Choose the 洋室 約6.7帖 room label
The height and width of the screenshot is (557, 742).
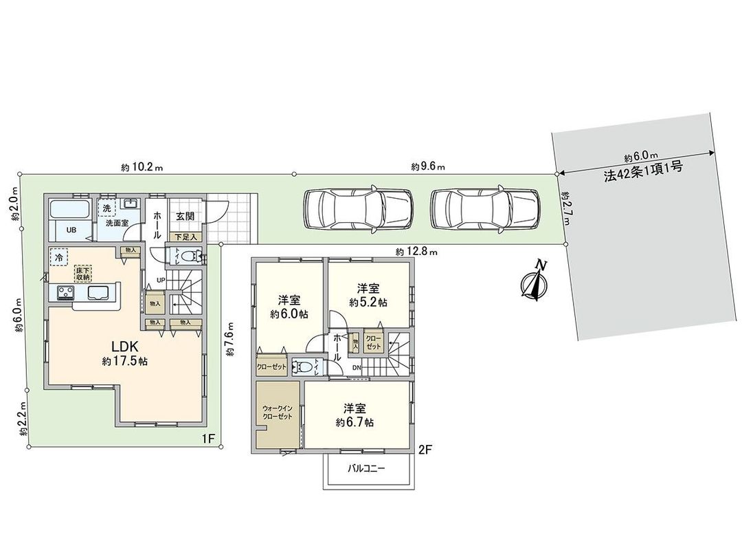(x=355, y=415)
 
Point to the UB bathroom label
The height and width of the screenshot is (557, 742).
(x=71, y=230)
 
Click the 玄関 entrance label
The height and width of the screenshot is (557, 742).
(x=184, y=216)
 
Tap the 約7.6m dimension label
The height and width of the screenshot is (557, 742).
(x=230, y=339)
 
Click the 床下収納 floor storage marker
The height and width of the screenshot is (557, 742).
(x=82, y=274)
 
